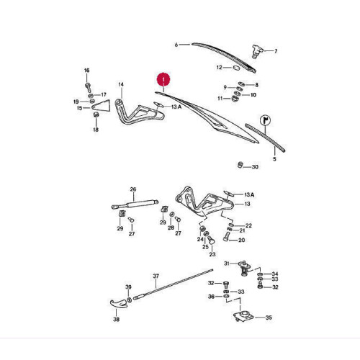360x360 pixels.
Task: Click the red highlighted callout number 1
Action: pyautogui.click(x=163, y=79)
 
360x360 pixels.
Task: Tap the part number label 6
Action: pyautogui.click(x=176, y=45)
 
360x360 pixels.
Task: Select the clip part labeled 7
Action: pyautogui.click(x=257, y=51)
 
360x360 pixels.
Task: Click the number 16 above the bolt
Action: pyautogui.click(x=86, y=71)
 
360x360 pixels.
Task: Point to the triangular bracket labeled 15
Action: pyautogui.click(x=102, y=106)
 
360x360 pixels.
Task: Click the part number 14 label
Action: pyautogui.click(x=121, y=84)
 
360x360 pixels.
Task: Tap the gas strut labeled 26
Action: pyautogui.click(x=135, y=204)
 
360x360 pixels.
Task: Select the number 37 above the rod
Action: pyautogui.click(x=156, y=276)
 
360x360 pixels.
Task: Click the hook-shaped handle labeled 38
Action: pyautogui.click(x=118, y=303)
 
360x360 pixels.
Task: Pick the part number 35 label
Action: pyautogui.click(x=269, y=318)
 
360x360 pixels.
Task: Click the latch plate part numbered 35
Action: pyautogui.click(x=243, y=315)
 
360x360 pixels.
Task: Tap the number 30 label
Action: pyautogui.click(x=255, y=167)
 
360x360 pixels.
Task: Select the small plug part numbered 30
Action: pyautogui.click(x=240, y=165)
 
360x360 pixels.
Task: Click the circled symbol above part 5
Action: pyautogui.click(x=266, y=120)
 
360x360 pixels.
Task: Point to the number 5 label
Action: pyautogui.click(x=274, y=159)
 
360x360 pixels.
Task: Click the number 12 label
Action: pyautogui.click(x=220, y=67)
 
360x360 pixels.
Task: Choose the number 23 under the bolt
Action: pyautogui.click(x=212, y=254)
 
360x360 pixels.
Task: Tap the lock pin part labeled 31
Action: pyautogui.click(x=245, y=268)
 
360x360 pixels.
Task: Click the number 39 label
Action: pyautogui.click(x=128, y=287)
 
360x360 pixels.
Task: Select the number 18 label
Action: pyautogui.click(x=96, y=130)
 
